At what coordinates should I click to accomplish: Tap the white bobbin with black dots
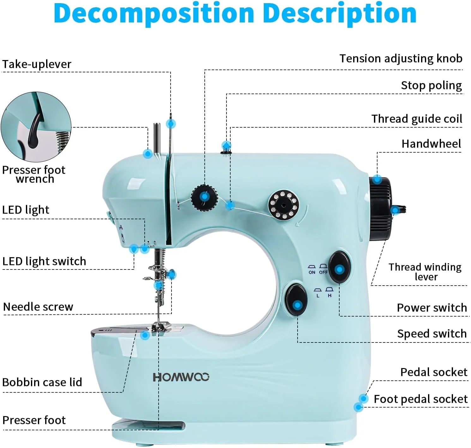pyautogui.click(x=283, y=204)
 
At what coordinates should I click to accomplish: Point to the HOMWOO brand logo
pyautogui.click(x=181, y=377)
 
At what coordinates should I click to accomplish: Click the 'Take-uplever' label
pyautogui.click(x=37, y=64)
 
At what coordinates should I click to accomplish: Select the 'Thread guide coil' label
pyautogui.click(x=416, y=119)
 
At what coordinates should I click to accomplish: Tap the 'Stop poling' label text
pyautogui.click(x=431, y=85)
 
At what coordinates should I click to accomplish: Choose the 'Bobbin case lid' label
pyautogui.click(x=42, y=382)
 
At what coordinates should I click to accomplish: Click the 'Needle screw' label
pyautogui.click(x=38, y=307)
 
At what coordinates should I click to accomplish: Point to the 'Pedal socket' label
pyautogui.click(x=433, y=372)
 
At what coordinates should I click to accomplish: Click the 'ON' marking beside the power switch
pyautogui.click(x=312, y=272)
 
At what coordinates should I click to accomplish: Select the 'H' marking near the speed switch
pyautogui.click(x=329, y=296)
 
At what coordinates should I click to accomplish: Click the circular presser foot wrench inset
pyautogui.click(x=36, y=127)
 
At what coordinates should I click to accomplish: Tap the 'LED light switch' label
pyautogui.click(x=44, y=261)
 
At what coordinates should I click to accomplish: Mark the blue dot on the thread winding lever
pyautogui.click(x=395, y=210)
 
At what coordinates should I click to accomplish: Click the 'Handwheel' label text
pyautogui.click(x=431, y=144)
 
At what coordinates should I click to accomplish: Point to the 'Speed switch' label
pyautogui.click(x=432, y=334)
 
